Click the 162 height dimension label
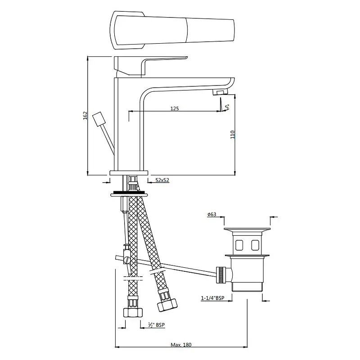coord(85,115)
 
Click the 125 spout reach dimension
coord(175,108)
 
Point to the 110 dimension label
coord(233,135)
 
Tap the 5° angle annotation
coord(227,107)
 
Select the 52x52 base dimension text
coord(162,180)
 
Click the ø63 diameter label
coord(211,214)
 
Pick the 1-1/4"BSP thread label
coord(213,298)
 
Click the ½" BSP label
coord(156,324)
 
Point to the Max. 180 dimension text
coord(181,345)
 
